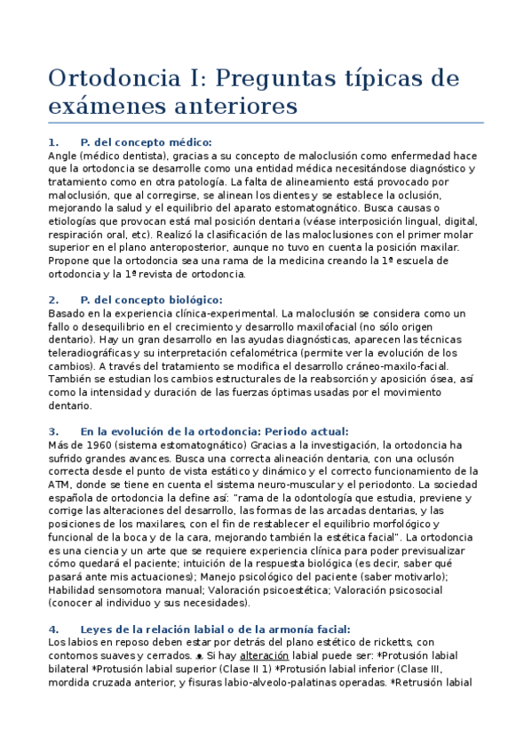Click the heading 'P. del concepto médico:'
(x=146, y=142)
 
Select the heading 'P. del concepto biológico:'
(x=151, y=300)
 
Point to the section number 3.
(x=53, y=431)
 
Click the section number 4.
(x=53, y=629)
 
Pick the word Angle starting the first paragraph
(x=64, y=156)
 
